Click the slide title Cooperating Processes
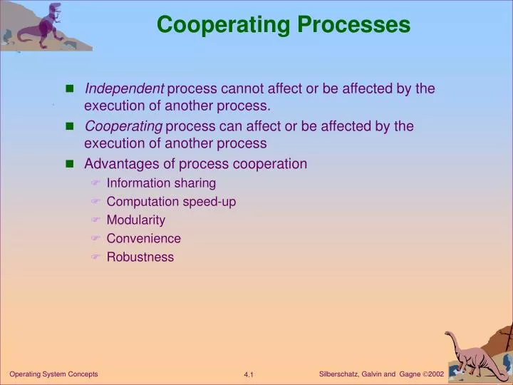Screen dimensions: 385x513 [284, 25]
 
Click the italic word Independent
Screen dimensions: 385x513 [124, 88]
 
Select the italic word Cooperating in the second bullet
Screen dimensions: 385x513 [123, 126]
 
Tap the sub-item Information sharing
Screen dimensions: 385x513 [161, 183]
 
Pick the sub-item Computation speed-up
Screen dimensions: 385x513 [171, 202]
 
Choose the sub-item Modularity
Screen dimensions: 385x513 [135, 220]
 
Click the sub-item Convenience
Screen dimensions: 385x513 [143, 239]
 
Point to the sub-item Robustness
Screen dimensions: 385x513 [140, 257]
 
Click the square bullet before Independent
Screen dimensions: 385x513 [70, 89]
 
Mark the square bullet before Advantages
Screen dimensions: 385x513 [70, 164]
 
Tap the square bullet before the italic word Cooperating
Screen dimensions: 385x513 [70, 126]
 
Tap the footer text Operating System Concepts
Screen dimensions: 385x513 [53, 374]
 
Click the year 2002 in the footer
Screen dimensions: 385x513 [436, 374]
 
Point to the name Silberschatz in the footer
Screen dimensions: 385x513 [339, 374]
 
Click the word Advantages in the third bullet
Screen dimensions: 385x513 [117, 164]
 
